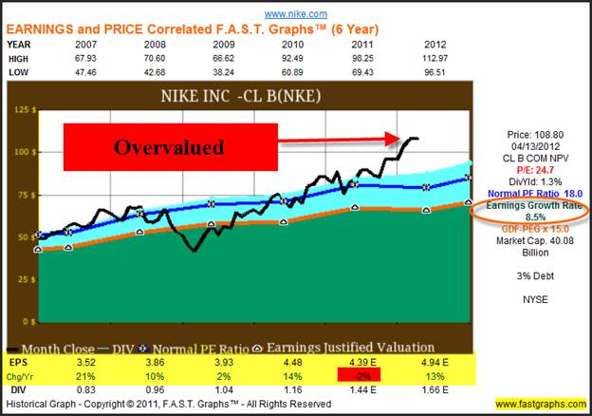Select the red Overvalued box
click(170, 149)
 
